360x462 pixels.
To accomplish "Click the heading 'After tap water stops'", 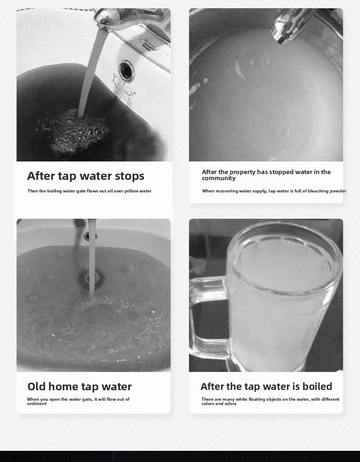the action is click(x=86, y=176).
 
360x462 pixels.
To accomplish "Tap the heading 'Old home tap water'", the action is click(x=80, y=387).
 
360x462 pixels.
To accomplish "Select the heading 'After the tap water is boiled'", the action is click(x=266, y=386).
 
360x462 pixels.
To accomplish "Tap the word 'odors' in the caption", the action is click(x=230, y=404).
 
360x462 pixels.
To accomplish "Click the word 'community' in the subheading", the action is click(x=219, y=178).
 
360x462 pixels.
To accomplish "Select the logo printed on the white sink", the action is click(x=148, y=45).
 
